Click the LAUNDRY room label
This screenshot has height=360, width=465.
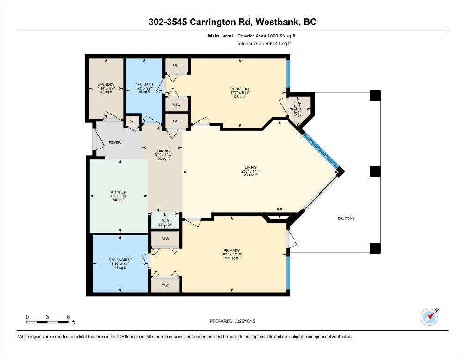pos(106,85)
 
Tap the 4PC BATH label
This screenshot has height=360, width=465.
pos(144,85)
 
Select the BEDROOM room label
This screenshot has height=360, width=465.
pos(240,89)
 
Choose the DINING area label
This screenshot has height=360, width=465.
pos(163,151)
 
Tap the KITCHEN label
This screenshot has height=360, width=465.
pos(118,192)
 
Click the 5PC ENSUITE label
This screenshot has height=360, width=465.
pos(120,259)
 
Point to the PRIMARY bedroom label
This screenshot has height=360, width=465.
pos(232,250)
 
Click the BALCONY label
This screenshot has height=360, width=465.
pos(347,218)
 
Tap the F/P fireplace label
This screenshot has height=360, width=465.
pos(280,209)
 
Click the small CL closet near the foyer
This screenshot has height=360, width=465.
pos(133,121)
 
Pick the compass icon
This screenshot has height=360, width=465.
pos(429,317)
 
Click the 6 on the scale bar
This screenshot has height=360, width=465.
pos(68,317)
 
